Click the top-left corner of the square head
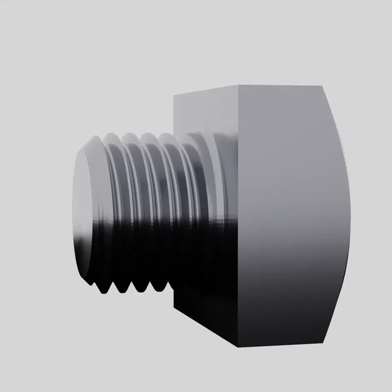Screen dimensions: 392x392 [x=174, y=95]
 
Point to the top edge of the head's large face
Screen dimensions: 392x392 [x=282, y=85]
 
